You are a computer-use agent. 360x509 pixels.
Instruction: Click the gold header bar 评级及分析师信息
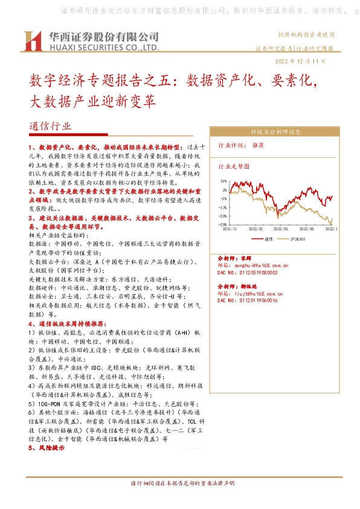coord(275,131)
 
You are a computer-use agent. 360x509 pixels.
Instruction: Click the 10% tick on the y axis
coord(223,181)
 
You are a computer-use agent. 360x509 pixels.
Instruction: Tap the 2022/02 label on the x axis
coord(256,229)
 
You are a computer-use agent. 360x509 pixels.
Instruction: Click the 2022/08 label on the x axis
coord(307,229)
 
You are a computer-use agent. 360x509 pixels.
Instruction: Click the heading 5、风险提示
coord(46,448)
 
